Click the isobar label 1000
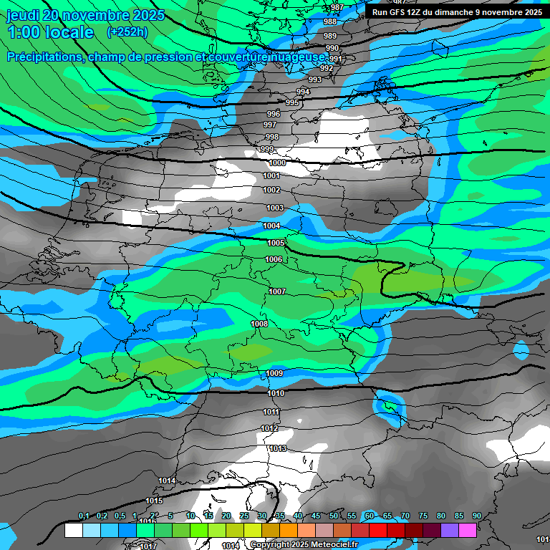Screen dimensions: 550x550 pos(277,163)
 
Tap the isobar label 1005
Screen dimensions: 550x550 pos(276,243)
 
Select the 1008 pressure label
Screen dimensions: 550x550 pos(259,324)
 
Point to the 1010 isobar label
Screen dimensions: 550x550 pos(276,393)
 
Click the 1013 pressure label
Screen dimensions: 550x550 pos(278,448)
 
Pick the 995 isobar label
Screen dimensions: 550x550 pos(292,103)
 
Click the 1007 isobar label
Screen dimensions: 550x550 pos(278,291)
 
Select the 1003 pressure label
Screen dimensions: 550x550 pos(275,208)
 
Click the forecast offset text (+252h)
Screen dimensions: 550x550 pos(127,32)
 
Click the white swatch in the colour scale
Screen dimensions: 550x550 pos(73,531)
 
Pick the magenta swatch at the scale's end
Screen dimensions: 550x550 pos(468,531)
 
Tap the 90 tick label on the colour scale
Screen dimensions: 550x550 pos(476,516)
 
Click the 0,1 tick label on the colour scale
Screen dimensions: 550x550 pos(83,516)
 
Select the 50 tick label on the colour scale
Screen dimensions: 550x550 pos(334,516)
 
